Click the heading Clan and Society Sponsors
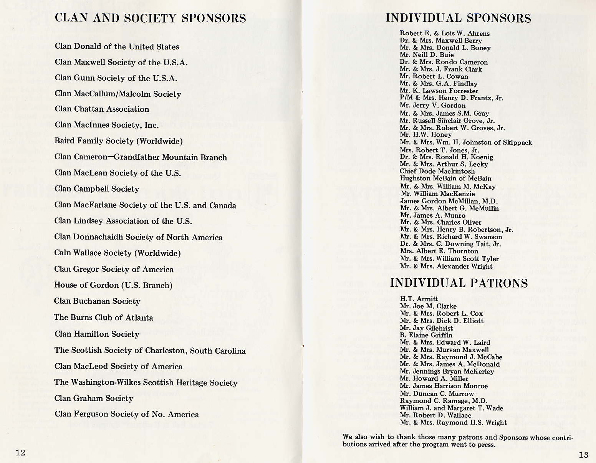tap(151, 18)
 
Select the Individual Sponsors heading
tap(458, 18)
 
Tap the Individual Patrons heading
tap(459, 283)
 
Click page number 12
tap(21, 452)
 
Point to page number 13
tap(583, 455)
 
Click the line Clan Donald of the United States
tap(117, 46)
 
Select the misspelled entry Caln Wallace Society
tap(117, 253)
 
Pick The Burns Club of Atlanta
tap(103, 317)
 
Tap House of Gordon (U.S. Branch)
tap(113, 285)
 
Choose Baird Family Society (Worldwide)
tap(118, 141)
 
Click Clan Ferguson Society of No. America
tap(126, 414)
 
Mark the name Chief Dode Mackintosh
tap(437, 171)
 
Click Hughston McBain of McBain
tap(445, 179)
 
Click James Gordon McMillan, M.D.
tap(449, 201)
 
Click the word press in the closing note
tap(486, 445)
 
